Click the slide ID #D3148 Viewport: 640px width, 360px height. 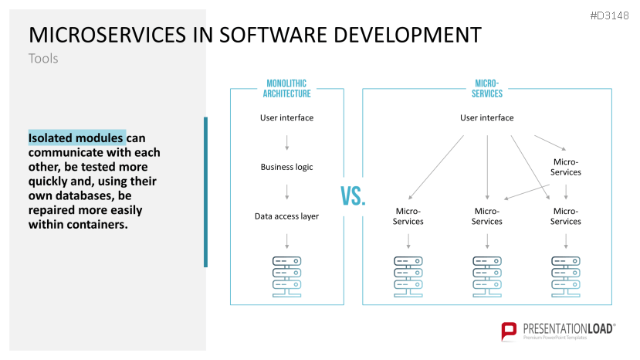(x=609, y=16)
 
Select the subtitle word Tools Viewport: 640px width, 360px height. (x=43, y=59)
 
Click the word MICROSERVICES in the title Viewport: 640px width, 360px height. (x=107, y=35)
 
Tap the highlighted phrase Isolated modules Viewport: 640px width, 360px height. (x=76, y=138)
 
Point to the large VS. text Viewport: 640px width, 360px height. (x=353, y=196)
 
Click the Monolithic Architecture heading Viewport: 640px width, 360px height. (x=286, y=88)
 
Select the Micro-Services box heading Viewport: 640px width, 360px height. (x=487, y=88)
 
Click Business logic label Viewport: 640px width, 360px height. (x=287, y=167)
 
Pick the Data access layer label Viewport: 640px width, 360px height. (x=286, y=216)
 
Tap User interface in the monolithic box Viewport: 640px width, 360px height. (x=287, y=117)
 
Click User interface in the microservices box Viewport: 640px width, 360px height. (x=487, y=117)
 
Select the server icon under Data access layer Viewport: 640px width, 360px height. (x=287, y=277)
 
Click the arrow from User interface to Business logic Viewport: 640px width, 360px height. (x=287, y=143)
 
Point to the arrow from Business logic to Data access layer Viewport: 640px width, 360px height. (x=287, y=192)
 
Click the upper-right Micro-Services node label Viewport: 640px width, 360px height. (x=566, y=167)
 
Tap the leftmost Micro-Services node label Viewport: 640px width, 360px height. (x=408, y=216)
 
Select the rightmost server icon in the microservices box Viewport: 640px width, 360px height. (x=566, y=277)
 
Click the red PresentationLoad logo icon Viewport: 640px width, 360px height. (x=509, y=331)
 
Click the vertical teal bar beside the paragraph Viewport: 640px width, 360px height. (x=205, y=192)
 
